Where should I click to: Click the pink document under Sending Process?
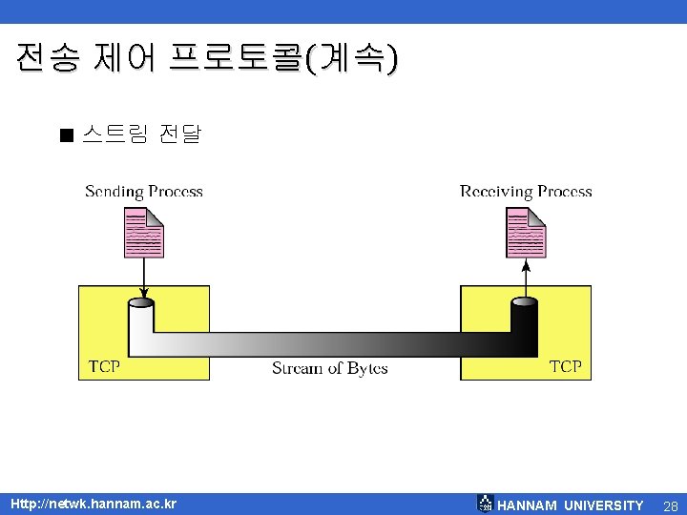(x=143, y=233)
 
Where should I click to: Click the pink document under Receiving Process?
(x=525, y=233)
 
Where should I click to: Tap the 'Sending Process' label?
(x=144, y=192)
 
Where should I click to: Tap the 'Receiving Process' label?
(x=526, y=192)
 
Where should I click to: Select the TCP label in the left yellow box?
(x=104, y=366)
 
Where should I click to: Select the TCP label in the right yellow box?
(x=565, y=366)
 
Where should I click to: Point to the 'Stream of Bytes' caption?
(x=329, y=368)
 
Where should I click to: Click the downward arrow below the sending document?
(x=143, y=278)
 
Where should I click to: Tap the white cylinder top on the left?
(x=141, y=303)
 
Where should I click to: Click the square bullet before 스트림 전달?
(x=65, y=135)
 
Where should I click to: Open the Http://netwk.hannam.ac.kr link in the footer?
(x=93, y=504)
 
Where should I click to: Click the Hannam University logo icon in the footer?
(x=485, y=504)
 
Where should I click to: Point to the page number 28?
(x=670, y=505)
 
